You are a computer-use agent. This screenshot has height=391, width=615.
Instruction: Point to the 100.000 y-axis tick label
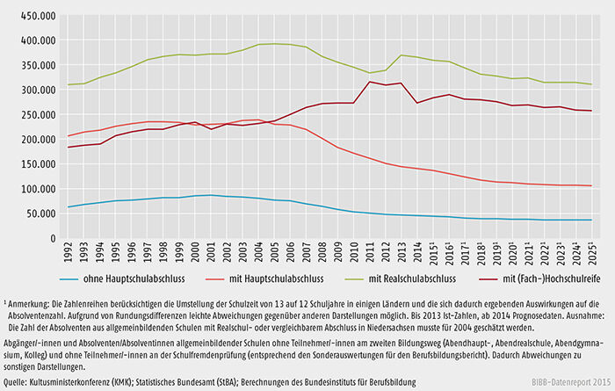tap(33, 189)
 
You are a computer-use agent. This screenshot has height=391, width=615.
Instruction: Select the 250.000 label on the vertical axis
tap(33, 115)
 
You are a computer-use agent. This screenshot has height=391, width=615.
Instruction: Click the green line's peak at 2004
tap(258, 44)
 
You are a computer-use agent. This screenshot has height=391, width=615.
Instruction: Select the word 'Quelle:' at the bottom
tap(18, 384)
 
